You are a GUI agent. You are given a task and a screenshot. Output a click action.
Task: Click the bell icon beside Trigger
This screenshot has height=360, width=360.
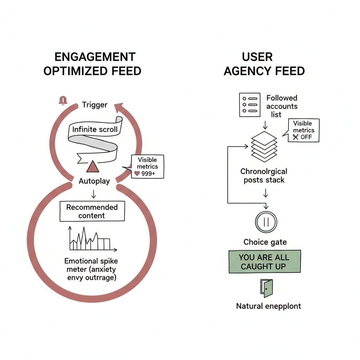click(x=63, y=101)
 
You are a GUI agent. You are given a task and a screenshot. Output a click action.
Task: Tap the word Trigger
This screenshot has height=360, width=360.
click(x=95, y=104)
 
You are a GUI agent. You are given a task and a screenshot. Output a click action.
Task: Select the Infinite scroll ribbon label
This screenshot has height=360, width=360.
click(x=95, y=129)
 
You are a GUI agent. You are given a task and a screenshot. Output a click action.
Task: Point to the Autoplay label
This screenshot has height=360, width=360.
click(x=94, y=181)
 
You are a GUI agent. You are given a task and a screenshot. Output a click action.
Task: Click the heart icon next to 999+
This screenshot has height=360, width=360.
click(x=132, y=173)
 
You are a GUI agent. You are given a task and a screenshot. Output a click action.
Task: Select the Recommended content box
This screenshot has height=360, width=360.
click(x=92, y=211)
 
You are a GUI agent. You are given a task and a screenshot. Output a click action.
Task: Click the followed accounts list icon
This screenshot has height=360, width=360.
click(x=249, y=105)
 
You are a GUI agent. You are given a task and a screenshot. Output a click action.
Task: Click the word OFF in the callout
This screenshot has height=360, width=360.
click(x=306, y=137)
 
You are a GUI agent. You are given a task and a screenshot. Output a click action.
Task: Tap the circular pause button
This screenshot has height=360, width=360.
click(x=266, y=222)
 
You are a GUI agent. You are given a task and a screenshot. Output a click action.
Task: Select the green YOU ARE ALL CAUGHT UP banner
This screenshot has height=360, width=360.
click(x=265, y=262)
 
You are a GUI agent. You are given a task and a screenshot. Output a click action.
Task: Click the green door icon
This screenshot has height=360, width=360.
click(x=266, y=288)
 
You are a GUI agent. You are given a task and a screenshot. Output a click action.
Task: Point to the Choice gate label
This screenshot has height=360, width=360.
click(x=265, y=242)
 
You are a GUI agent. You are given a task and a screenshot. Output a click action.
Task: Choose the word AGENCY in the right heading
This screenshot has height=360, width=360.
click(x=243, y=71)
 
